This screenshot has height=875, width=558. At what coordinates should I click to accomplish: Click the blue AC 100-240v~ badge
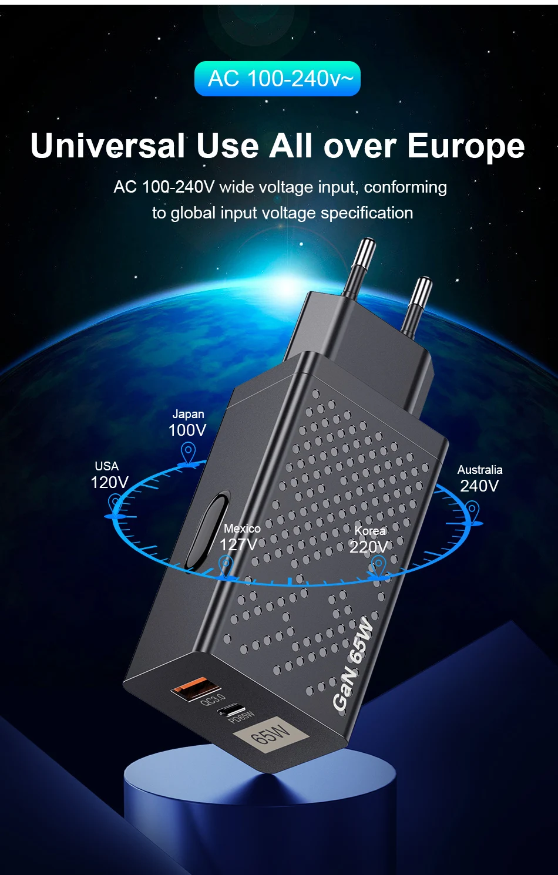277,79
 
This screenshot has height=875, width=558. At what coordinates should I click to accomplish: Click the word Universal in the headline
107,146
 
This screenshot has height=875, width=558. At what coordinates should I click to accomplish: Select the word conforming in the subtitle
405,187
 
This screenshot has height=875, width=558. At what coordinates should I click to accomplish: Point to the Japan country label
188,414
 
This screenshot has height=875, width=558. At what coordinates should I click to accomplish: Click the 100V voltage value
187,430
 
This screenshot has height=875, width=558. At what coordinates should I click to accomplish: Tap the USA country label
107,466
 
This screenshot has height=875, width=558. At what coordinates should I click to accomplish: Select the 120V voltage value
109,483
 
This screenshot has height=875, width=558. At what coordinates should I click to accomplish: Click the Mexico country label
242,529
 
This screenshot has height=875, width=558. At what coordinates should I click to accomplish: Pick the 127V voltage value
238,545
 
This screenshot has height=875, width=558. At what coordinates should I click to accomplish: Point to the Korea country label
370,531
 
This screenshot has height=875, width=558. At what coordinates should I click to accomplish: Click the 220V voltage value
368,547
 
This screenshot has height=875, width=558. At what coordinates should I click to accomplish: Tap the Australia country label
480,470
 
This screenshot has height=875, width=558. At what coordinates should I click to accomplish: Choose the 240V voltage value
479,486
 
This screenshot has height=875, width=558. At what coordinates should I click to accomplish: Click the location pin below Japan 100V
188,454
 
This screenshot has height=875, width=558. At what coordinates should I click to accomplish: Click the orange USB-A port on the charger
196,688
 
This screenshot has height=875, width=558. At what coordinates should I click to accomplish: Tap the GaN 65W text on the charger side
353,663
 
